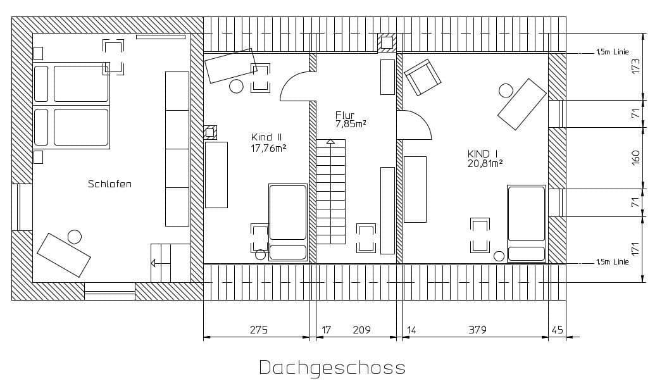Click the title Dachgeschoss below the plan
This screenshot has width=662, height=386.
pyautogui.click(x=332, y=368)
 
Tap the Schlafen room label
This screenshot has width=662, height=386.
pyautogui.click(x=109, y=184)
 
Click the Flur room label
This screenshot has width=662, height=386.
pyautogui.click(x=345, y=115)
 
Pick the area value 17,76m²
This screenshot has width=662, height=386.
pyautogui.click(x=269, y=149)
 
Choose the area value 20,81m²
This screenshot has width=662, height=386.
pyautogui.click(x=485, y=163)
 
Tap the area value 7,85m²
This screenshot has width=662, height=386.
pyautogui.click(x=351, y=124)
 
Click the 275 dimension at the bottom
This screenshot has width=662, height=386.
pyautogui.click(x=258, y=330)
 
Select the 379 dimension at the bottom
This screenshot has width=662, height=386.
pyautogui.click(x=478, y=330)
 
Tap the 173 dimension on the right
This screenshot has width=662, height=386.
pyautogui.click(x=637, y=66)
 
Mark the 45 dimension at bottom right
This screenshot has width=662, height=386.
pyautogui.click(x=557, y=330)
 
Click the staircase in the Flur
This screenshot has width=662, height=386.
pyautogui.click(x=332, y=193)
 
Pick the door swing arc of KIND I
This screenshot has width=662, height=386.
pyautogui.click(x=417, y=124)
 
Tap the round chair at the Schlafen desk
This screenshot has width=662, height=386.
pyautogui.click(x=75, y=237)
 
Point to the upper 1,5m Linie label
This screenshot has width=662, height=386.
pyautogui.click(x=612, y=53)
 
